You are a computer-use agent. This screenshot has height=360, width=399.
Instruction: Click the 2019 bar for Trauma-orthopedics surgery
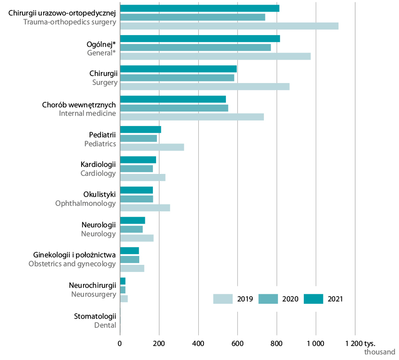point(229,26)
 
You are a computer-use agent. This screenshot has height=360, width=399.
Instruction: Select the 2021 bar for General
point(200,38)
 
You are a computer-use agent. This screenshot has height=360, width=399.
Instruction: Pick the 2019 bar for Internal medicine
point(192,117)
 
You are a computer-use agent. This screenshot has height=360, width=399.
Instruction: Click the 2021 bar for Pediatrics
point(140,129)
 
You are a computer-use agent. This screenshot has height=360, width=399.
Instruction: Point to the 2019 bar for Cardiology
point(143,178)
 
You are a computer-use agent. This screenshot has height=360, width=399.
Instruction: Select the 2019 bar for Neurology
point(136,238)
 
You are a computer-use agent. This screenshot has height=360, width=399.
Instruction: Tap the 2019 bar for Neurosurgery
point(124,299)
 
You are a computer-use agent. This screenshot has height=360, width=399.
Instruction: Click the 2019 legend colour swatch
point(223,299)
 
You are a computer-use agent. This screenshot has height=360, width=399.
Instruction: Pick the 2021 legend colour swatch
point(313,299)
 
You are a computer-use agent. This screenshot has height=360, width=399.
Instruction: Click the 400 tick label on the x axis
point(198,344)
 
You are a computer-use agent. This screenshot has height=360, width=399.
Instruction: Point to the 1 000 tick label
point(315,344)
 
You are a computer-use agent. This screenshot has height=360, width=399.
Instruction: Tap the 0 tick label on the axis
point(120,344)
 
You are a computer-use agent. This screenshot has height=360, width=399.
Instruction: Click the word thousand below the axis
point(380,352)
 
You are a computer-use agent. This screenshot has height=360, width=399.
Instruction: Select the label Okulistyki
point(99,195)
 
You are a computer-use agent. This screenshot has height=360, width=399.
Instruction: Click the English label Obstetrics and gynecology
point(72,264)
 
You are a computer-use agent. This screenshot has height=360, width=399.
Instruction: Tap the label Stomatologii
point(95,316)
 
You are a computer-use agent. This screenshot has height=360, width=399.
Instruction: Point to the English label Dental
point(105,325)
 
